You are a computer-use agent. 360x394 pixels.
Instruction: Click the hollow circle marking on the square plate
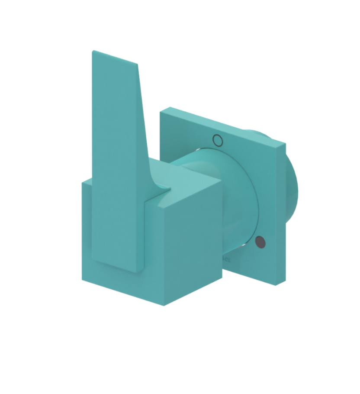point(218,140)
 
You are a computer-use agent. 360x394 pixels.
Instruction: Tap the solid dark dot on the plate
point(260,243)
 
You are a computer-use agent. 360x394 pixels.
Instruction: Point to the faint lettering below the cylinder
point(226,260)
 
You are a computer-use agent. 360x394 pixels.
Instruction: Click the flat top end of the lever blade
point(115,58)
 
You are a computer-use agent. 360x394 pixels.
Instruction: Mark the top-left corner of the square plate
point(161,112)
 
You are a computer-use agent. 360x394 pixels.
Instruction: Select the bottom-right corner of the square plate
point(277,285)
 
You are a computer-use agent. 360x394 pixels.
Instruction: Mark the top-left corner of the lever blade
point(93,52)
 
